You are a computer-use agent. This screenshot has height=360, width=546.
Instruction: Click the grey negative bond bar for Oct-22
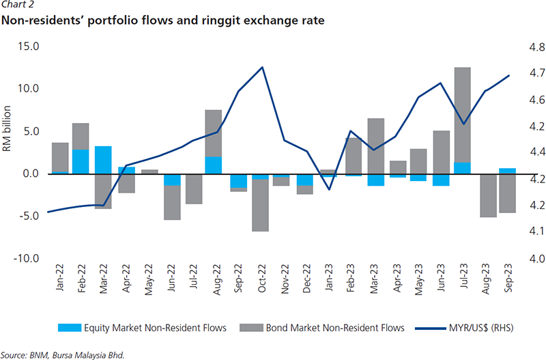[x=261, y=205]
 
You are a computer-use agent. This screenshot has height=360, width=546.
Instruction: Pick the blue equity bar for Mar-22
[x=103, y=160]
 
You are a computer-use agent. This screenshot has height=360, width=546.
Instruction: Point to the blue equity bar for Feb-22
[x=81, y=161]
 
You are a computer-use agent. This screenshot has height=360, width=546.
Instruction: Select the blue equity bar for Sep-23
[x=507, y=171]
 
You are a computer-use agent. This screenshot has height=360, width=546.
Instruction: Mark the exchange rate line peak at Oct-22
[x=263, y=67]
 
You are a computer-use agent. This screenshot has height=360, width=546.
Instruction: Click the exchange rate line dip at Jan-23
[x=329, y=189]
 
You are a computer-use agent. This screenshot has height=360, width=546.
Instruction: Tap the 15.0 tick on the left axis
[x=29, y=47]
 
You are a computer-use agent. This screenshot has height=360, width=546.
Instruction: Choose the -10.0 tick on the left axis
[x=28, y=258]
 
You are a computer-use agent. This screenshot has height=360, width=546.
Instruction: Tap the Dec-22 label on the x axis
[x=305, y=279]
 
